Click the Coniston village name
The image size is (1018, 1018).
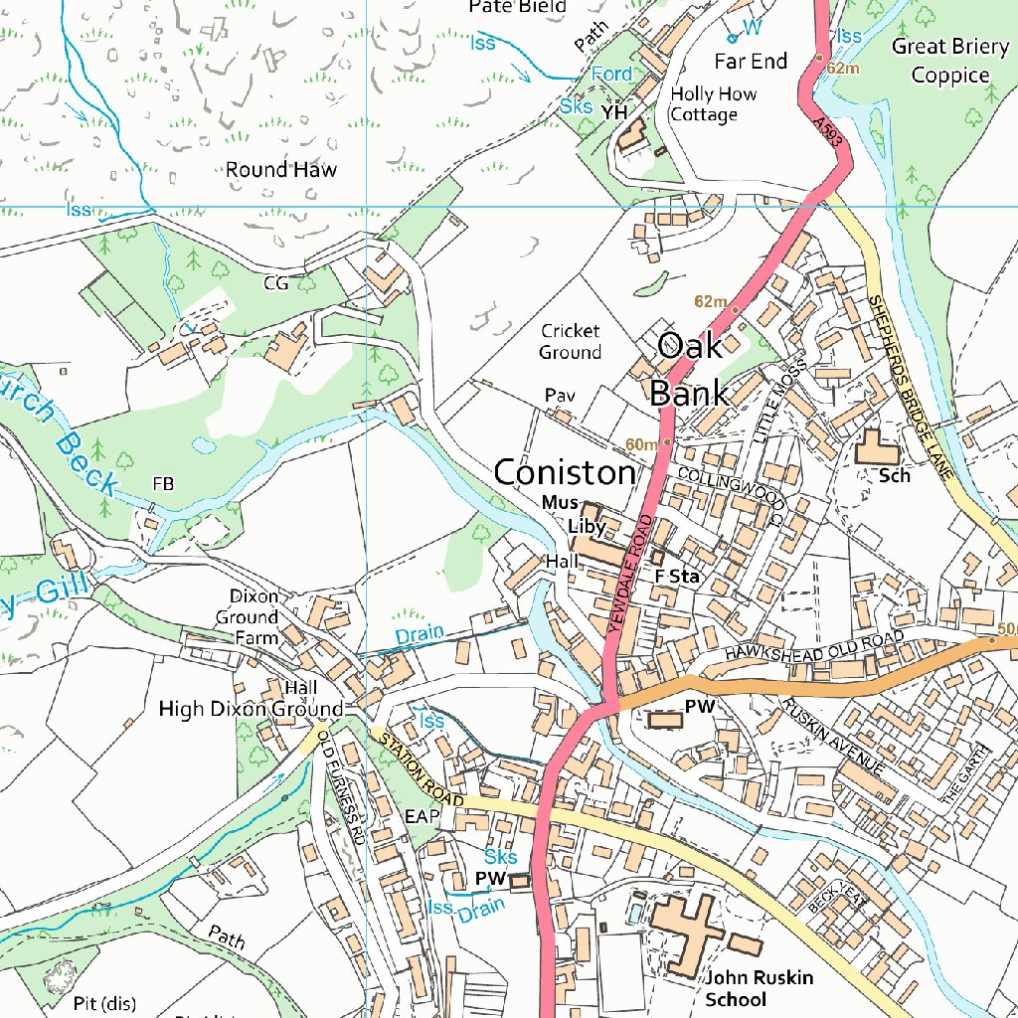click(564, 472)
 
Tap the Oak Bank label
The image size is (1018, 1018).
click(690, 369)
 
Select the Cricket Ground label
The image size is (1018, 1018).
click(571, 341)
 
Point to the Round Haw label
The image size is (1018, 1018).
click(280, 169)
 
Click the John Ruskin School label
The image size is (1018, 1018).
click(760, 988)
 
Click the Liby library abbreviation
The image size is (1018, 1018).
click(587, 526)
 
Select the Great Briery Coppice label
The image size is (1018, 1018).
click(950, 61)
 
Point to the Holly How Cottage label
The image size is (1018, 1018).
click(713, 103)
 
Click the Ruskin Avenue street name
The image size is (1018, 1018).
click(832, 737)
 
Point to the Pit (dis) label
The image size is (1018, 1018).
click(104, 1001)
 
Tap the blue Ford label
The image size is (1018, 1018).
click(610, 75)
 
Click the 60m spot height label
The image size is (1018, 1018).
click(641, 443)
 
